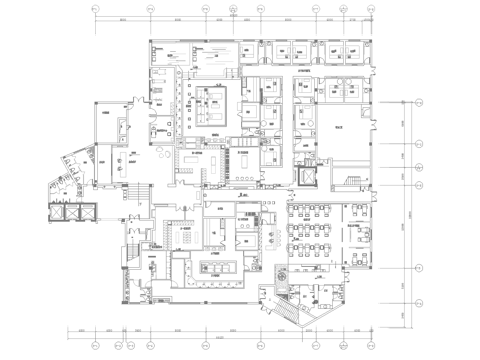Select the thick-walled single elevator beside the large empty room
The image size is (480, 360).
click(305, 173)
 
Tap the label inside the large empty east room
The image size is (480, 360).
click(340, 128)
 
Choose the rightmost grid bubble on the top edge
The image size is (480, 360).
click(379, 11)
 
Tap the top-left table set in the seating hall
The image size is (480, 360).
click(296, 209)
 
